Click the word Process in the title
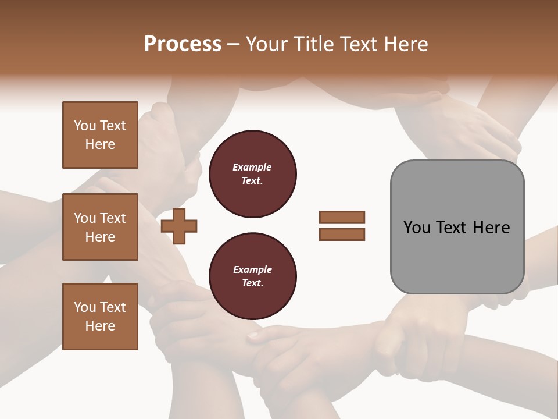coord(183,44)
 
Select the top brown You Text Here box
coord(100,135)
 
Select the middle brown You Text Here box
coord(100,227)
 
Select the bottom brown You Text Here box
coord(100,317)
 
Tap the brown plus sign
coord(179,226)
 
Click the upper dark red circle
coord(252,174)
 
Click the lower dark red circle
coord(252,276)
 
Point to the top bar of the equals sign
coord(342,218)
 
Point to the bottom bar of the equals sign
coord(342,234)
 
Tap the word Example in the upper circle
coord(252,168)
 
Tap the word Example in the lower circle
coord(252,270)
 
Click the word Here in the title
coord(405,44)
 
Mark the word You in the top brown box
coord(85,126)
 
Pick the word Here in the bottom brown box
coord(100,326)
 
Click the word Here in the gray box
coord(491,228)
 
